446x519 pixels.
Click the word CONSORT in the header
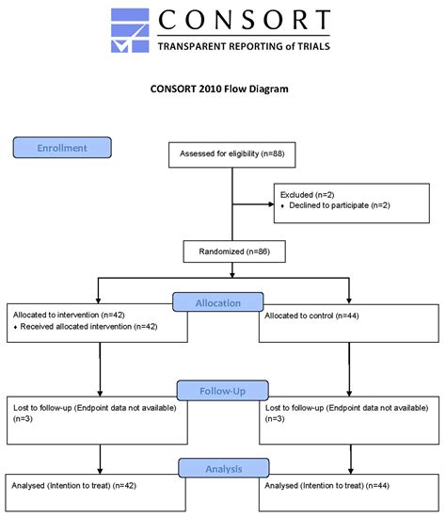244,21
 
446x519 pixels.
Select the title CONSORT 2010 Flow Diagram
219,89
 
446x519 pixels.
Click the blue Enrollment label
62,148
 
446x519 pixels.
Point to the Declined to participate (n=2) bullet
327,205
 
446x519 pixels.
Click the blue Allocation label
217,302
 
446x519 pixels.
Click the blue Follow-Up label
222,390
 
